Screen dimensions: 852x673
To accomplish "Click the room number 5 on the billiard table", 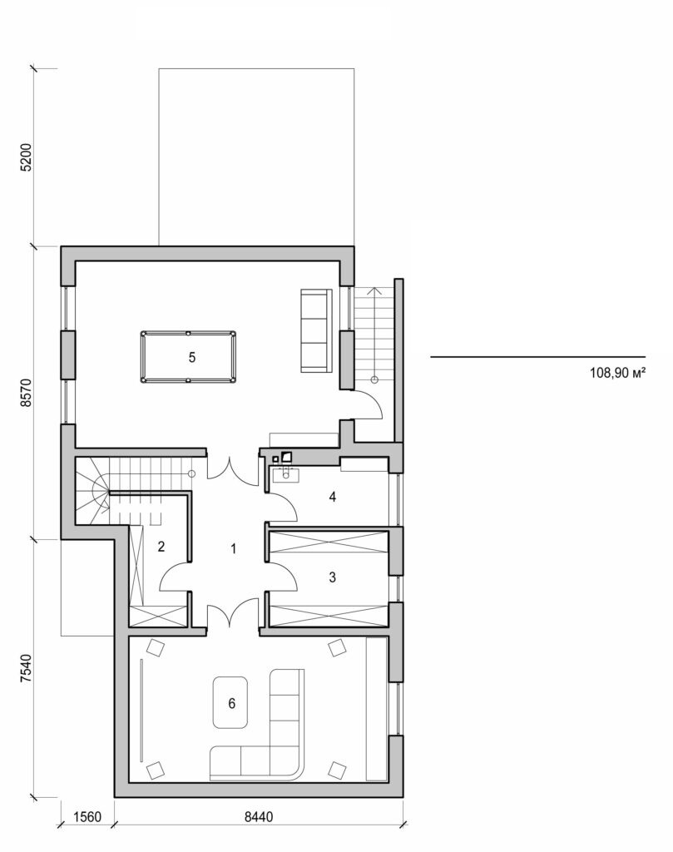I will coord(192,357).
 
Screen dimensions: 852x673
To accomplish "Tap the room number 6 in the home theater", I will coord(231,702).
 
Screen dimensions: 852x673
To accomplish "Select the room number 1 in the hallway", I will coord(234,548).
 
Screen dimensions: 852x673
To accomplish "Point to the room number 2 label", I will coord(161,547).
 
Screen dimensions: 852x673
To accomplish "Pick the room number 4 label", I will coord(332,497).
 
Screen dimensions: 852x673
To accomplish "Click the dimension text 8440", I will coord(259,816).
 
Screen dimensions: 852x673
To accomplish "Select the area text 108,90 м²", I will coord(617,374).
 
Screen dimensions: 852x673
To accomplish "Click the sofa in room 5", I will coord(315,330).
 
